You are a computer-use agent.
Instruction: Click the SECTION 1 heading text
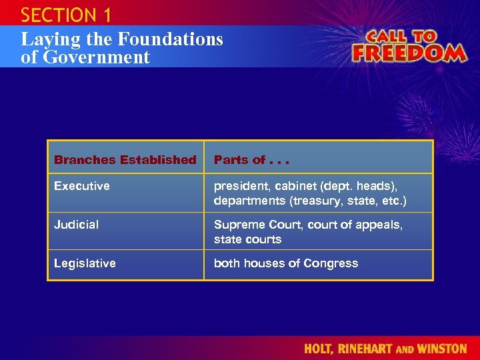(65, 15)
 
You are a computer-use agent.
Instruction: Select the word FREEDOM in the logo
(409, 52)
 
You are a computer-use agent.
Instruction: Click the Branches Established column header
(125, 160)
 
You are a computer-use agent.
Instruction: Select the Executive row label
(82, 186)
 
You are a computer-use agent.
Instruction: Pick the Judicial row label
(76, 225)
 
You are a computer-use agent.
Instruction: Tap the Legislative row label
(85, 263)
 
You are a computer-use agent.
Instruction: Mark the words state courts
(247, 239)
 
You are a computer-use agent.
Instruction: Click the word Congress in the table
(331, 263)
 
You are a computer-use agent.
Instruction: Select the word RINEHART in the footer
(369, 348)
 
